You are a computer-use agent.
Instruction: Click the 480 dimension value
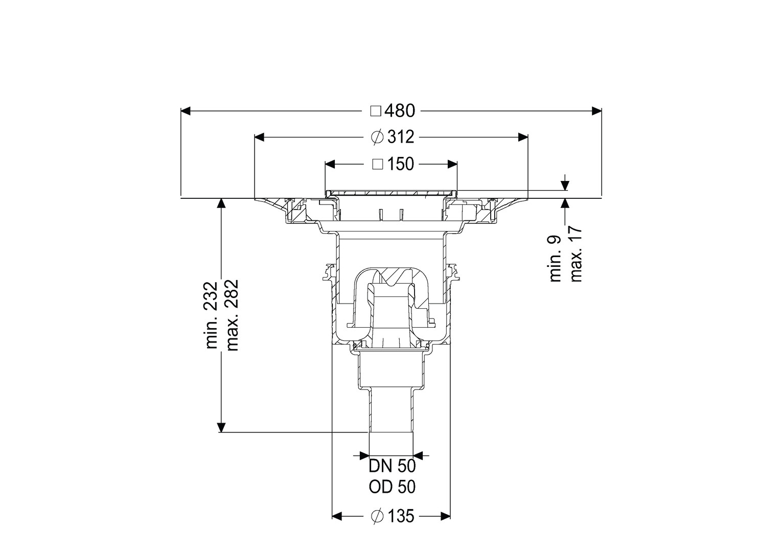coord(400,111)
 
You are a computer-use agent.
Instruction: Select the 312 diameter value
coord(401,137)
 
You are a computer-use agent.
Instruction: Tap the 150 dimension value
coord(401,164)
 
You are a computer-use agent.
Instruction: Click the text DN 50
coord(392,466)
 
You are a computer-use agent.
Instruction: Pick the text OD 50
coord(392,487)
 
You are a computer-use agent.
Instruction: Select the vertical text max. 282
coord(232,315)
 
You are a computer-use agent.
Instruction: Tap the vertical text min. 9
coord(556,259)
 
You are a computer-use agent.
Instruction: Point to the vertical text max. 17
coord(576,254)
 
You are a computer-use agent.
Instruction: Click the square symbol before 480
coord(376,111)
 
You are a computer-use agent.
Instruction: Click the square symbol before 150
coord(378,164)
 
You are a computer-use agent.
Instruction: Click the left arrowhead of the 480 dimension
coord(186,111)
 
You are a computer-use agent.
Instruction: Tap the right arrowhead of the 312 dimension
coord(523,137)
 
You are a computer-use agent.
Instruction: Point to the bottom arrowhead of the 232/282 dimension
coord(221,427)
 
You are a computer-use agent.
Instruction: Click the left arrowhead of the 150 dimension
coord(330,164)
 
